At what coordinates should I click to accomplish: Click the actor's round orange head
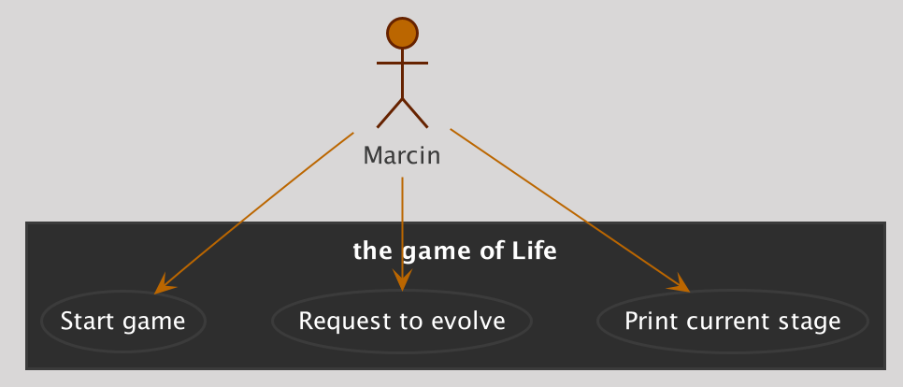pyautogui.click(x=402, y=34)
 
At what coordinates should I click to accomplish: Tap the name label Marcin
pyautogui.click(x=402, y=155)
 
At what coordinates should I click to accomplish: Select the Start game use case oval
pyautogui.click(x=122, y=321)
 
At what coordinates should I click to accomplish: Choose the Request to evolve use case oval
pyautogui.click(x=401, y=321)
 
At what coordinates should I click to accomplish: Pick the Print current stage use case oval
pyautogui.click(x=733, y=321)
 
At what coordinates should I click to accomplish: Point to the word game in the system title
pyautogui.click(x=430, y=252)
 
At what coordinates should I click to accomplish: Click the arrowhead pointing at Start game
pyautogui.click(x=165, y=284)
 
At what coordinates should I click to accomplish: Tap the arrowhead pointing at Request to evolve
pyautogui.click(x=402, y=280)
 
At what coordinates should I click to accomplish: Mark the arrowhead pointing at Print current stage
pyautogui.click(x=680, y=284)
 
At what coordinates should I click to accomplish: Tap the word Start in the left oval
pyautogui.click(x=85, y=321)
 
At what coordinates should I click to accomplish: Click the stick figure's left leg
pyautogui.click(x=389, y=113)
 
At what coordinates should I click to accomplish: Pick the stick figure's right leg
pyautogui.click(x=415, y=113)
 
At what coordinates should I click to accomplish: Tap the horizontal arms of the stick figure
pyautogui.click(x=402, y=63)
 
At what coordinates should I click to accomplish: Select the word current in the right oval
pyautogui.click(x=725, y=322)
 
